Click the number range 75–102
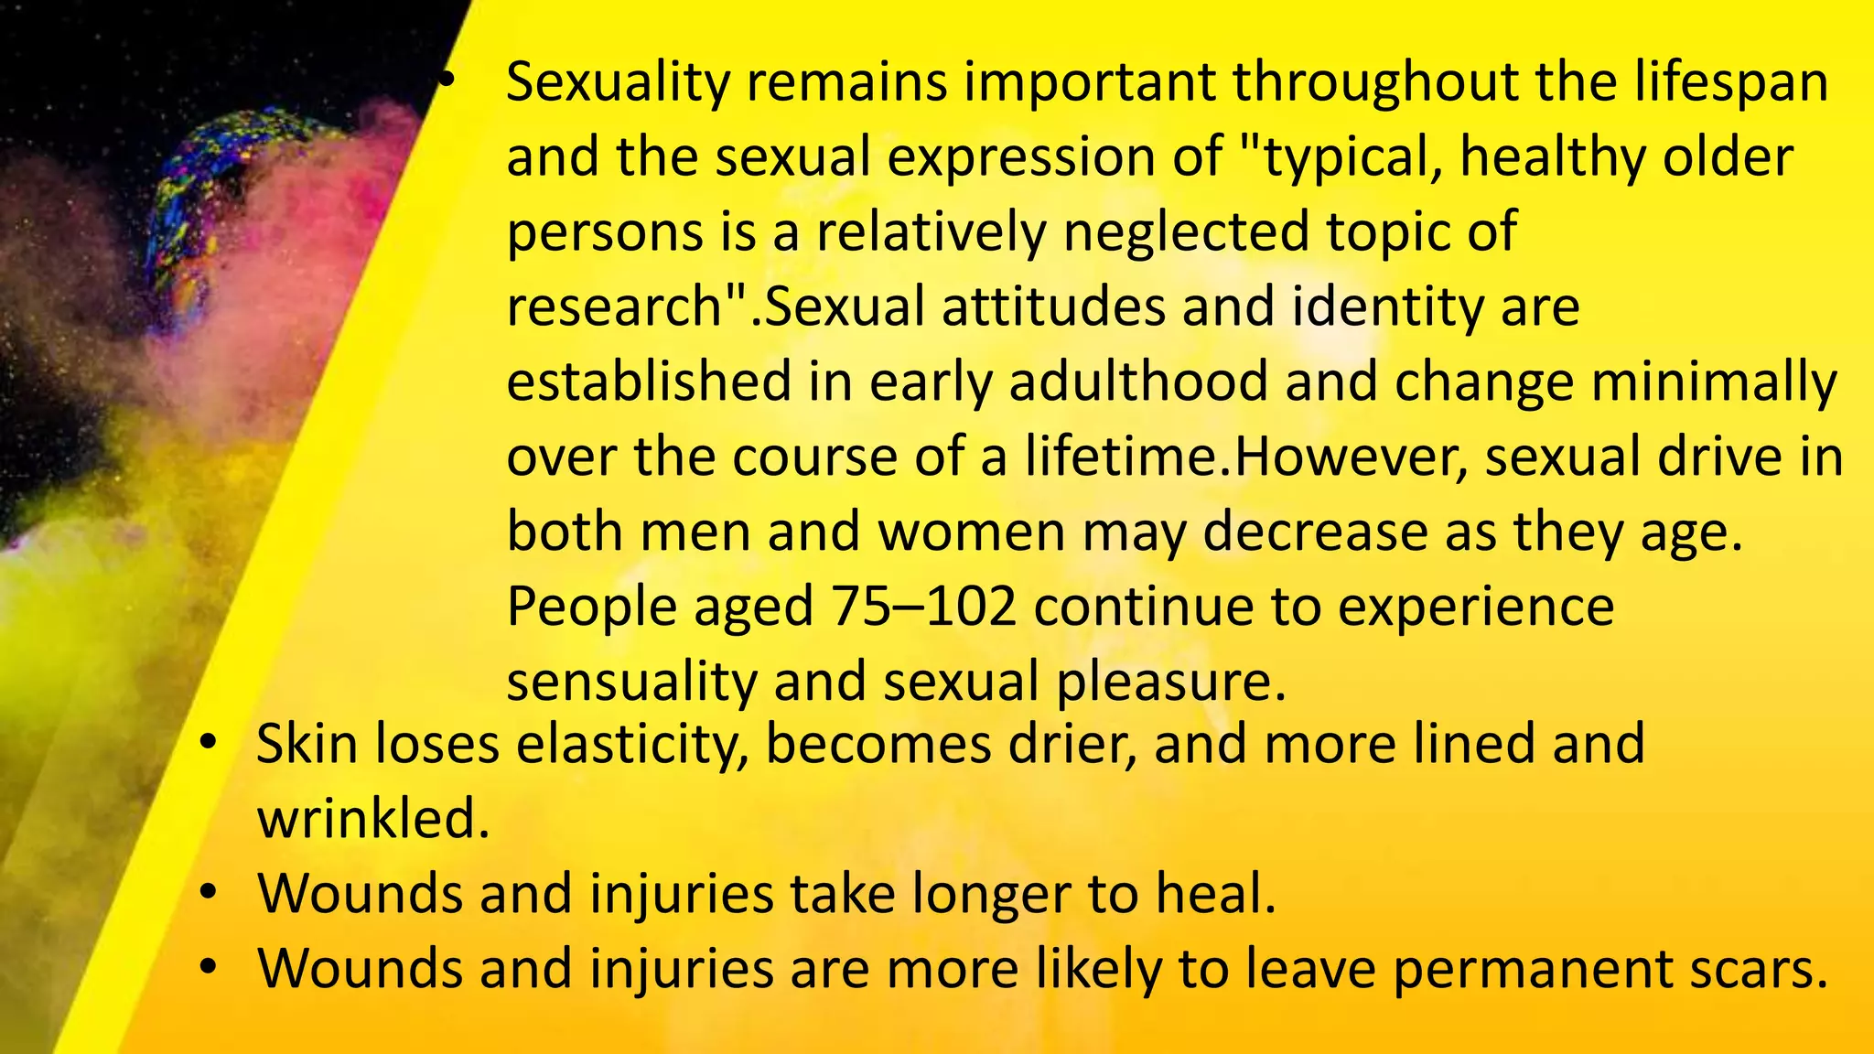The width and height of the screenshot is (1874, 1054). point(923,607)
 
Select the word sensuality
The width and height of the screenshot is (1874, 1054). point(631,683)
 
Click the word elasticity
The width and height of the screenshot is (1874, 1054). point(630,744)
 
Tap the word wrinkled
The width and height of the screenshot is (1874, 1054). point(372,819)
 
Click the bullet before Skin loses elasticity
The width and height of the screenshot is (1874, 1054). point(209,743)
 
